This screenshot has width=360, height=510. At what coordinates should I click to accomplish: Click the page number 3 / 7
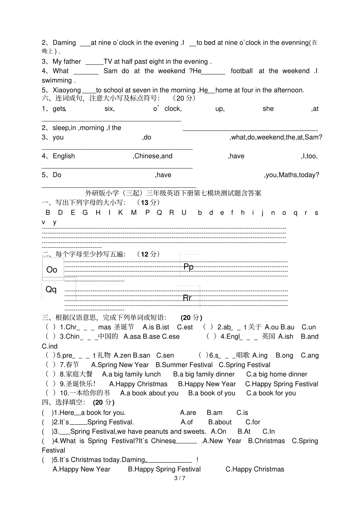pos(180,478)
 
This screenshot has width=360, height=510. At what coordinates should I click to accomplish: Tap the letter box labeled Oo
pos(52,270)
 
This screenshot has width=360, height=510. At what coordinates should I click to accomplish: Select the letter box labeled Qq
pos(51,289)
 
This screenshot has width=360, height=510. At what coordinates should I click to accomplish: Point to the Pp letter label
pos(188,267)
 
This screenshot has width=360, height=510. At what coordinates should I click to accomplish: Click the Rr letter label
pos(187,298)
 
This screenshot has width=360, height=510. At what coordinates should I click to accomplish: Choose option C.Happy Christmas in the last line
pos(255,469)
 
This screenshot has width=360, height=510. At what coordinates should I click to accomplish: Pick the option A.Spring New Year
pos(120,365)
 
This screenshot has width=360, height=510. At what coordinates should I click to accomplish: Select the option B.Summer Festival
pos(184,365)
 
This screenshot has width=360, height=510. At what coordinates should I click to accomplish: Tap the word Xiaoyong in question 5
pos(67,90)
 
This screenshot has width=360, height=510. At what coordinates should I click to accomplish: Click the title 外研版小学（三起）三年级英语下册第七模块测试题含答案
pos(173,193)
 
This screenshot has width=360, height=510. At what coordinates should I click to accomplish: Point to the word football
pos(241,71)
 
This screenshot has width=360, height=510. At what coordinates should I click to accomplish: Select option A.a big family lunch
pos(131,374)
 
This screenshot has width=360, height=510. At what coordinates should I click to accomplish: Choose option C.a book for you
pos(271,393)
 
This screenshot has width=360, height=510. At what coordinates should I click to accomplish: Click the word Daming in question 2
pos(64,43)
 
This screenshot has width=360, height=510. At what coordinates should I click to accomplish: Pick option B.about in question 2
pos(220,422)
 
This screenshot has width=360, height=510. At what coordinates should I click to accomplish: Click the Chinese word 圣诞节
pos(124,327)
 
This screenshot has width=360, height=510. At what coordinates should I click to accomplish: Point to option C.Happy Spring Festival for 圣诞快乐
pos(282,384)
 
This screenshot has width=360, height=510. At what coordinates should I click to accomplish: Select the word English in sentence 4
pos(64,156)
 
